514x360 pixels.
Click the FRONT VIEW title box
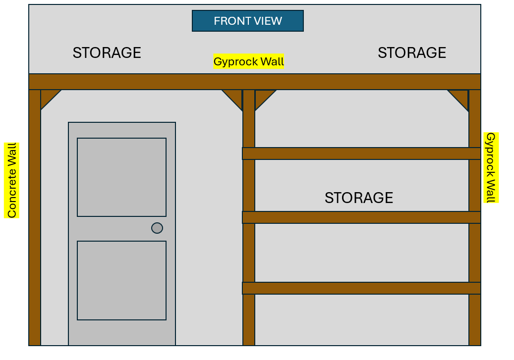point(247,21)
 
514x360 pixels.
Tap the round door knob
point(157,228)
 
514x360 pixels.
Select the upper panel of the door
point(121,177)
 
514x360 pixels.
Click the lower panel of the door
point(121,280)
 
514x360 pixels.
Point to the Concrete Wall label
point(11,180)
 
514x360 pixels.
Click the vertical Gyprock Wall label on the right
point(491,167)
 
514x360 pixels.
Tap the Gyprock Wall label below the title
point(249,61)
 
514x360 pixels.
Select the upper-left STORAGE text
point(107,52)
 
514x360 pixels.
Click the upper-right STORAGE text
point(411,52)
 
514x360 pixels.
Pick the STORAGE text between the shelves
point(358,198)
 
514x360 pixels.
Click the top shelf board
point(361,154)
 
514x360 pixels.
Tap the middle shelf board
point(361,217)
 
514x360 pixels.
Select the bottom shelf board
point(361,288)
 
